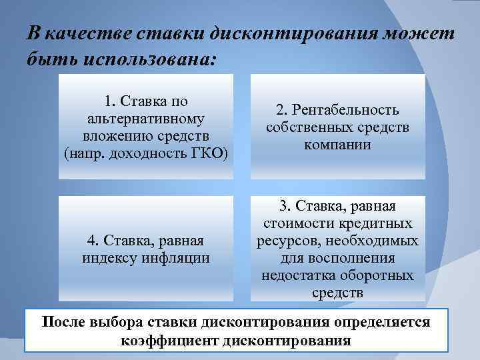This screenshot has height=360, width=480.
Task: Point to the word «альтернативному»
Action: pos(146,119)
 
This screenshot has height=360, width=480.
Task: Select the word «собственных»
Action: pos(309,127)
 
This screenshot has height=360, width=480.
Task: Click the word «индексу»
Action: pos(110,257)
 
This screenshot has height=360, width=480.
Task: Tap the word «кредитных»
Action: pos(377,223)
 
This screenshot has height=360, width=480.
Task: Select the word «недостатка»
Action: pos(299,275)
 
